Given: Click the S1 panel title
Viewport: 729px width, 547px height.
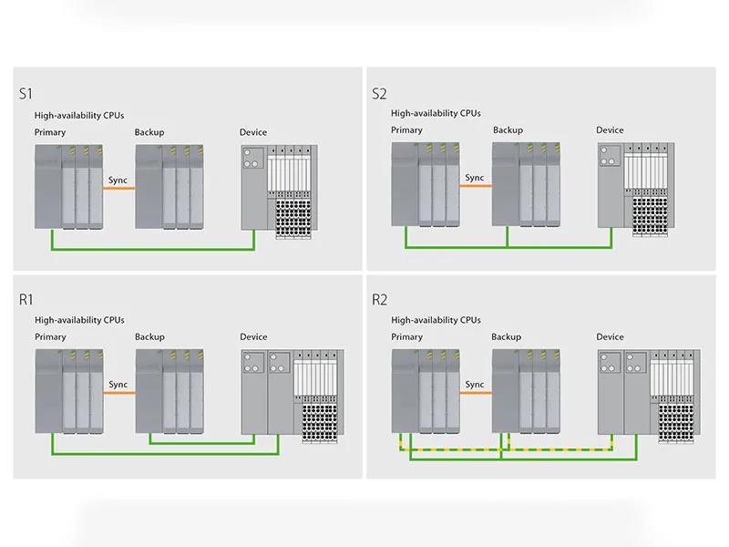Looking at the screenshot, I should click(26, 92).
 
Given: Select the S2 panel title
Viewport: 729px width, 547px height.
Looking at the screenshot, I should click(380, 92).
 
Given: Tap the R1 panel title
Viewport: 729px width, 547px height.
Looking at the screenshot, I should click(26, 299).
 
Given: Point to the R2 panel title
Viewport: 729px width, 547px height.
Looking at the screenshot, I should click(381, 299).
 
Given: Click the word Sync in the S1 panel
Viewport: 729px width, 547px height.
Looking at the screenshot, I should click(118, 180).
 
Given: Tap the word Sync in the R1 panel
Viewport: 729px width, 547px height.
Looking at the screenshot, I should click(118, 385).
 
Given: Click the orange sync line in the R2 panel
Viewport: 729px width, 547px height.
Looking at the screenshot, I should click(475, 393).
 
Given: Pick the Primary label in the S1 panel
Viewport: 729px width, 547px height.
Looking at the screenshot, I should click(50, 132).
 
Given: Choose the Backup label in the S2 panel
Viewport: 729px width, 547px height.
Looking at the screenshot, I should click(508, 129).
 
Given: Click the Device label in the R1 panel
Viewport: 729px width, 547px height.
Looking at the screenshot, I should click(253, 337).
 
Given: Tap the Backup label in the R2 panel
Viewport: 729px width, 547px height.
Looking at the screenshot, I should click(508, 336).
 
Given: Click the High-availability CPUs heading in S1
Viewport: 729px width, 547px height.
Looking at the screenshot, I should click(79, 115).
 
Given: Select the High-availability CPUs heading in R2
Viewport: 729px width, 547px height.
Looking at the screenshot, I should click(436, 320).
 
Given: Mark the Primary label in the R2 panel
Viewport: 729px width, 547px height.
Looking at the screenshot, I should click(406, 336).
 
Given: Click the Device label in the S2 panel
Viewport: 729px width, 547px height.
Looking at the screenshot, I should click(610, 129).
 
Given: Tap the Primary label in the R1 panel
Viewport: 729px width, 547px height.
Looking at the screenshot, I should click(50, 337).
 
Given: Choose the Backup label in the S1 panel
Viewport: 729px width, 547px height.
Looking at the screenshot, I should click(149, 132).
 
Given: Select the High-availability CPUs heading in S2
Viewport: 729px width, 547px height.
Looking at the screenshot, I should click(436, 113).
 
